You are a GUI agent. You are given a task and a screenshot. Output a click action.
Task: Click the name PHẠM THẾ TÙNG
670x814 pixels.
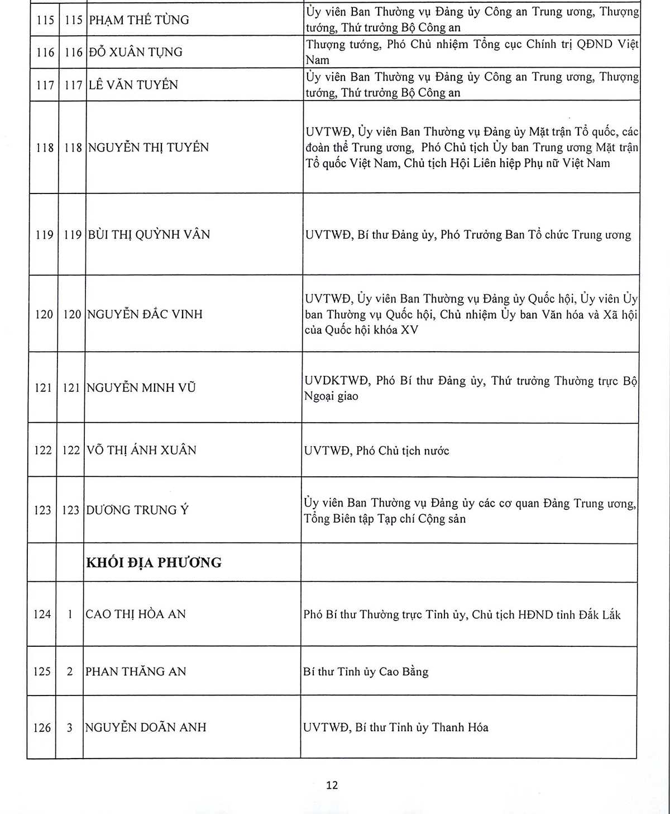[138, 20]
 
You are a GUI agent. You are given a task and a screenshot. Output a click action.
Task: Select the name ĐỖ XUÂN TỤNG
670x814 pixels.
[135, 53]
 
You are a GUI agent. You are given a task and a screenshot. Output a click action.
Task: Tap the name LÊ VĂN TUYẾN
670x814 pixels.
[133, 85]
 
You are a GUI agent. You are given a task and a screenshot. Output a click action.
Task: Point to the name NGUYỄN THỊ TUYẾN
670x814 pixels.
[148, 148]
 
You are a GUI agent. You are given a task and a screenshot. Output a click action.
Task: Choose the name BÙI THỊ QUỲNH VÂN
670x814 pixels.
[149, 235]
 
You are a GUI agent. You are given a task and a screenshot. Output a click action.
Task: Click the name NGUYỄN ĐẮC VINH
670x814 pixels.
[144, 314]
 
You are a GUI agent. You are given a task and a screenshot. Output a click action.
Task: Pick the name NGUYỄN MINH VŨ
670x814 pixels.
[141, 387]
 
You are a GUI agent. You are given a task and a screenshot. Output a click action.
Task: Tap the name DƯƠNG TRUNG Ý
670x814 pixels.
[137, 510]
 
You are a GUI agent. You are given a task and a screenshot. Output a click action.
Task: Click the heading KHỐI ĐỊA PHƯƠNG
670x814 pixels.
[154, 562]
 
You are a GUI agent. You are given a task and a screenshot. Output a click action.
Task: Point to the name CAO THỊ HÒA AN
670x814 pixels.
[136, 614]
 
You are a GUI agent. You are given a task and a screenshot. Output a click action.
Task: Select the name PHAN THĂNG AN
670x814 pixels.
[136, 671]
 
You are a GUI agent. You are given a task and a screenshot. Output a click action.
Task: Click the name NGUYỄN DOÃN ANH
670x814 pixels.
[145, 728]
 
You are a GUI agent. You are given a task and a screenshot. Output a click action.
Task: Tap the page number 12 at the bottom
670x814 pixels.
[332, 785]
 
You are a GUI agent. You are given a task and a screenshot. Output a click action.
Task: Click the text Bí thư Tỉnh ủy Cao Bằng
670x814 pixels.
[366, 672]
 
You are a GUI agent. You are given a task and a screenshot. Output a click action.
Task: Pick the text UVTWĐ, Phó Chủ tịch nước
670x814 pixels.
[376, 451]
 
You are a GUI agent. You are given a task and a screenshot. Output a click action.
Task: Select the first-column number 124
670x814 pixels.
[42, 614]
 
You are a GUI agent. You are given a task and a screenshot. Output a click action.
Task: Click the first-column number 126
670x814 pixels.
[42, 728]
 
